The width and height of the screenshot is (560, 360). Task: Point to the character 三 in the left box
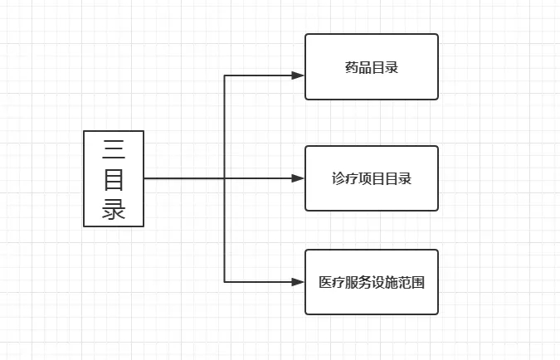coord(114,149)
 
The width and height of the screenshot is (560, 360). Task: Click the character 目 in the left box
coord(114,178)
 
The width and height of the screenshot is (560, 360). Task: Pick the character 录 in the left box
coord(114,207)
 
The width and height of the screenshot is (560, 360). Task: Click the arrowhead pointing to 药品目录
coord(299,75)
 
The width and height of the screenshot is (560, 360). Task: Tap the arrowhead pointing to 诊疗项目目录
coord(299,178)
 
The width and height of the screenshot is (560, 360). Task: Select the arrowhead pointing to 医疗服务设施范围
coord(299,282)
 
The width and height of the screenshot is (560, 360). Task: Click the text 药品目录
coord(371,67)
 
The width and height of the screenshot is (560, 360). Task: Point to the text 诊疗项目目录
coord(371,178)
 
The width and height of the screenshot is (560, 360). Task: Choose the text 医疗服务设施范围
coord(371,282)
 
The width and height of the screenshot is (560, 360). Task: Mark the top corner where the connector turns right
coord(225,75)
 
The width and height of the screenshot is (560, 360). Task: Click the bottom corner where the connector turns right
coord(225,282)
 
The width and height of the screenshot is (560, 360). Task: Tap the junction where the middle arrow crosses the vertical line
coord(225,178)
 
